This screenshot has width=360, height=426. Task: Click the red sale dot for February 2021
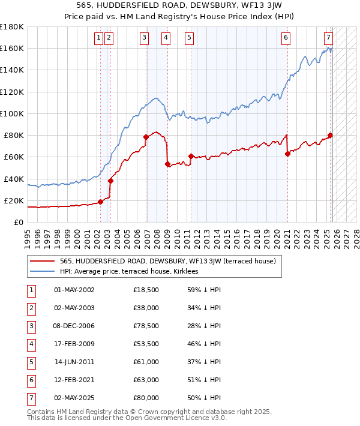coord(287,154)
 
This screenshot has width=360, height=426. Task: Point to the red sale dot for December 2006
coord(146,137)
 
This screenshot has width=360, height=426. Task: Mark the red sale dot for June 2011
coord(191,156)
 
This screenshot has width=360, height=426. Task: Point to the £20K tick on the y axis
coord(13,200)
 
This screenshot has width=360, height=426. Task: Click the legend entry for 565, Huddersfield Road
coord(167,261)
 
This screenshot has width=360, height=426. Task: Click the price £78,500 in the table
coord(146,326)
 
